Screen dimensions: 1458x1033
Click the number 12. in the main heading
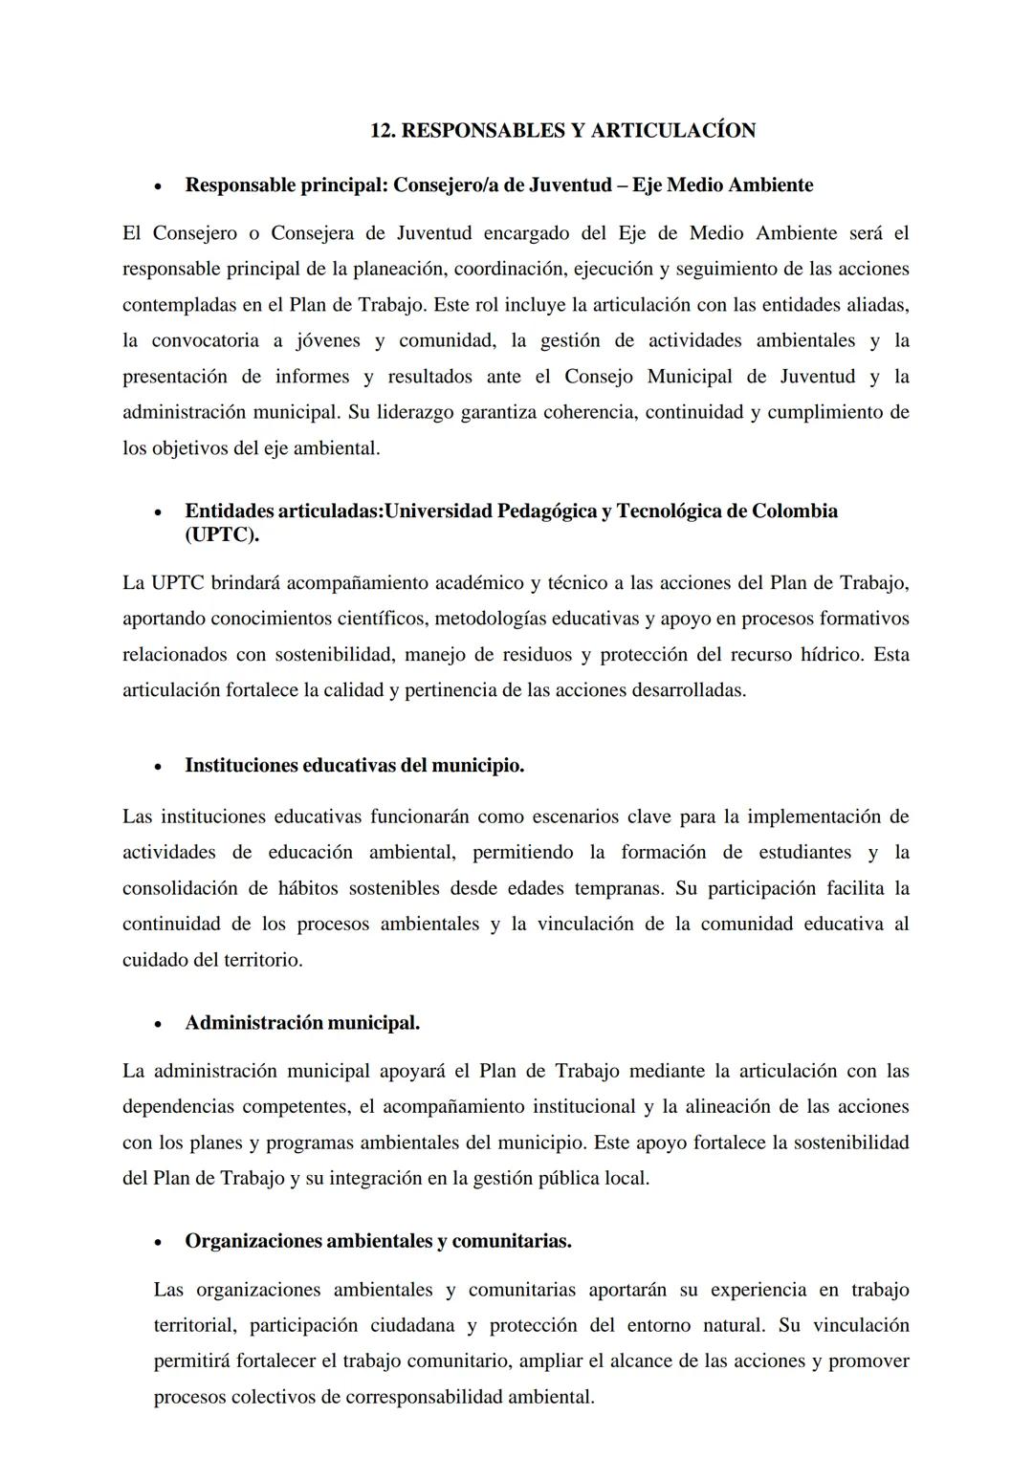(x=383, y=131)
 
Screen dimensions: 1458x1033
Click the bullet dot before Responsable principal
(x=160, y=185)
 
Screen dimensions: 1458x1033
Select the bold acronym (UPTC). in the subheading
(x=221, y=535)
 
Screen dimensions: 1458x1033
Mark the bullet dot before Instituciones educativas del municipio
(x=160, y=767)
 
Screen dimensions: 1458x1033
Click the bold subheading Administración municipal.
(x=302, y=1023)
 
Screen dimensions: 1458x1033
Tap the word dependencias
(x=178, y=1107)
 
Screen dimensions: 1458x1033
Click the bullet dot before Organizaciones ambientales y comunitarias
(x=160, y=1242)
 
